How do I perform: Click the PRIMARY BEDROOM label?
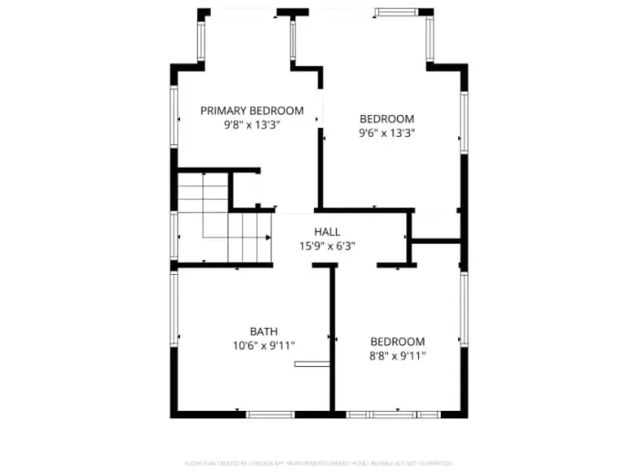[239, 110]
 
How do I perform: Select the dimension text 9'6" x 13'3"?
[386, 132]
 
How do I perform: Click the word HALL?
[327, 232]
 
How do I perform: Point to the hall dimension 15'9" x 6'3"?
[327, 246]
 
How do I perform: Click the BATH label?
[264, 331]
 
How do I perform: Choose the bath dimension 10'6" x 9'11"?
[264, 345]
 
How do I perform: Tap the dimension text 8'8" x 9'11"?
[397, 356]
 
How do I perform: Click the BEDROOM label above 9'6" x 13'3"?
[386, 119]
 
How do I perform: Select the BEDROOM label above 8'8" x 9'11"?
[397, 342]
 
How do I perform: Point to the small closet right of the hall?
[436, 226]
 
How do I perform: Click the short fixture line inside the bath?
[310, 364]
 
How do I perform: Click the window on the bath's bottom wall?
[270, 415]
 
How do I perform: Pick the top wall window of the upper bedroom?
[396, 13]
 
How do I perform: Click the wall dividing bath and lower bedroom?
[332, 338]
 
